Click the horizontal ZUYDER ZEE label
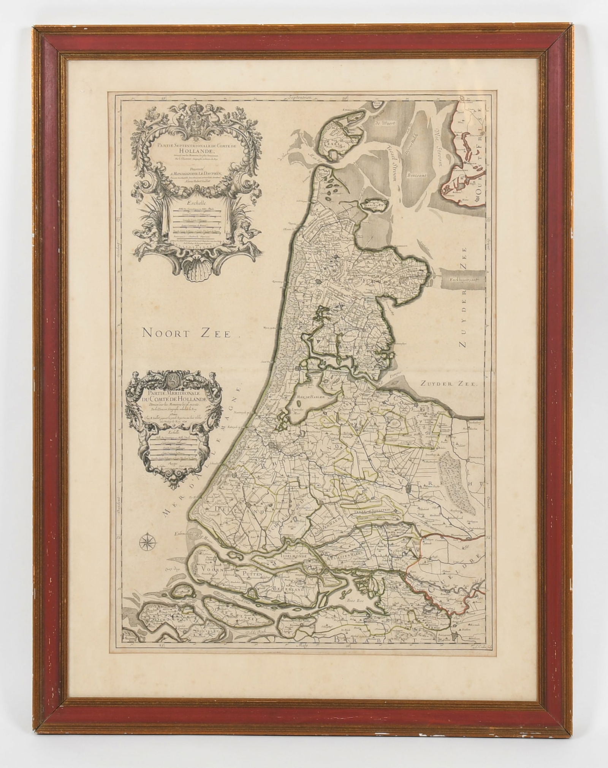click(448, 384)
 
